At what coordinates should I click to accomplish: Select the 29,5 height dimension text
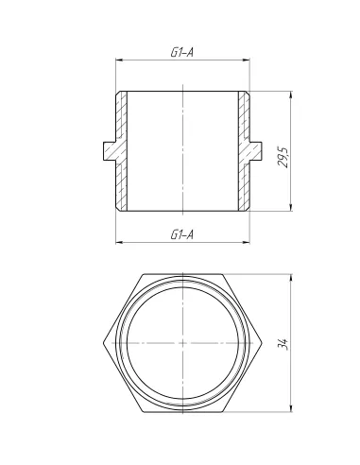click(283, 151)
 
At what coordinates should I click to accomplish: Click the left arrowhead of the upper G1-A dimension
click(119, 61)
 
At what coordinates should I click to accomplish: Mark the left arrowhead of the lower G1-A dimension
click(119, 241)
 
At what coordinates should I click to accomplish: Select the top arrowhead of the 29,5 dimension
click(289, 95)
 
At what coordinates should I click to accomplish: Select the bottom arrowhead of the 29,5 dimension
click(289, 208)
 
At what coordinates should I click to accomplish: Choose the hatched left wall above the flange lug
click(121, 115)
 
